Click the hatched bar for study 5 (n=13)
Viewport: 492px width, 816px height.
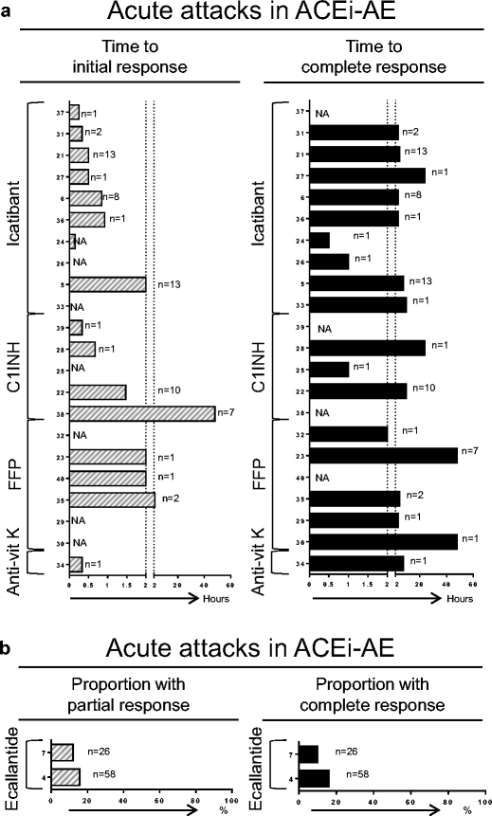(107, 283)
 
